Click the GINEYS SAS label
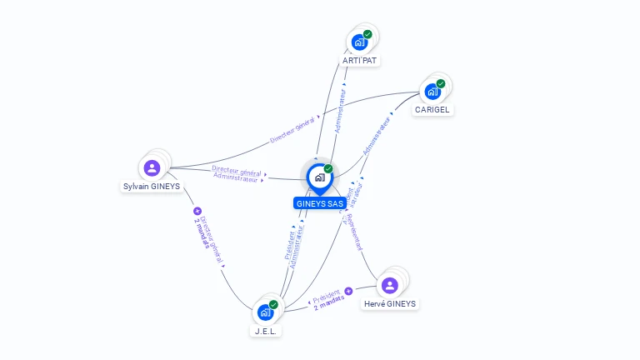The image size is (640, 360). (320, 203)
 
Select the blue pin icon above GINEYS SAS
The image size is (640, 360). (318, 177)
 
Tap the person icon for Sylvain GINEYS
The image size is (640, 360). (152, 168)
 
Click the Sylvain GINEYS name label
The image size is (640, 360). (152, 187)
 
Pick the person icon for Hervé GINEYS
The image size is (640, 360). (389, 286)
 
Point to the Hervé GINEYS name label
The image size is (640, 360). (390, 304)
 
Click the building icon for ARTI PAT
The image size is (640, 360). (359, 42)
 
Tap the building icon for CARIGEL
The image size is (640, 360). (432, 91)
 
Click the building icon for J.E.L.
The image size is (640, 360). (265, 312)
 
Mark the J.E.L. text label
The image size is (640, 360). (266, 331)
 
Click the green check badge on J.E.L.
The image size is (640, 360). (273, 304)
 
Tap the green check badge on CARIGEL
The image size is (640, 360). (441, 83)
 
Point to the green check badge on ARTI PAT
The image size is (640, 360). (367, 34)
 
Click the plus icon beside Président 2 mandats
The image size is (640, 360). (348, 292)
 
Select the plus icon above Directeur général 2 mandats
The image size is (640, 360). (197, 212)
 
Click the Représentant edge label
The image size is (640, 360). (354, 232)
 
